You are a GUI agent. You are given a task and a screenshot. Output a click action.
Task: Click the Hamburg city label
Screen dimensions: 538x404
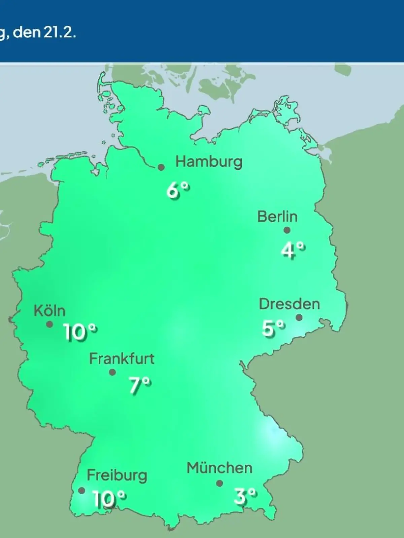209,162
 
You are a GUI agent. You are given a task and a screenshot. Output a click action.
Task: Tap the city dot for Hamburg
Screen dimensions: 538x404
161,167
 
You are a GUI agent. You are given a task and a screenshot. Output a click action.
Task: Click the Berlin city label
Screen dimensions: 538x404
277,217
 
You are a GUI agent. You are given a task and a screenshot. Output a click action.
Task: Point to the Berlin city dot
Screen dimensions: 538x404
287,230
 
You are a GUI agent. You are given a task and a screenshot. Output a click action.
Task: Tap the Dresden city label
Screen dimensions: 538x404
289,304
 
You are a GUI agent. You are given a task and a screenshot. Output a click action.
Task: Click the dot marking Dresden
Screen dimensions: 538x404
299,317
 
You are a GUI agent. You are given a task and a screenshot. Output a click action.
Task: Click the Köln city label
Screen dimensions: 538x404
49,311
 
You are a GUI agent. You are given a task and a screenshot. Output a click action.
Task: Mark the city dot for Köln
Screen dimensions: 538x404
49,324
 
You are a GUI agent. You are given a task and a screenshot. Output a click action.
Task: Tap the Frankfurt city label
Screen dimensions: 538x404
122,359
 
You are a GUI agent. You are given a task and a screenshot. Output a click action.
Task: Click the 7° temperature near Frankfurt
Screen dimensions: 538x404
140,385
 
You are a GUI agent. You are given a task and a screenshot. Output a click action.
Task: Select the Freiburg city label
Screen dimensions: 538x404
117,475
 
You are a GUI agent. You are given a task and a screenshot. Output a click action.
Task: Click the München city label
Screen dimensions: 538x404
220,468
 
